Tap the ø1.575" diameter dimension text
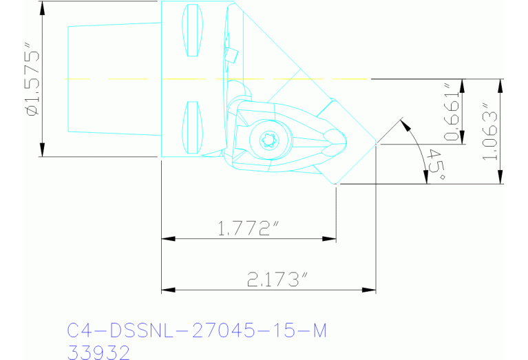pos(31,81)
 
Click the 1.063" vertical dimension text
pos(490,132)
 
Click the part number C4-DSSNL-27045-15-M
pos(196,330)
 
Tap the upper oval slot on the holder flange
pos(192,31)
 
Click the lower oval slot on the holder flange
pos(192,126)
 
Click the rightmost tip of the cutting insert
pos(376,145)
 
